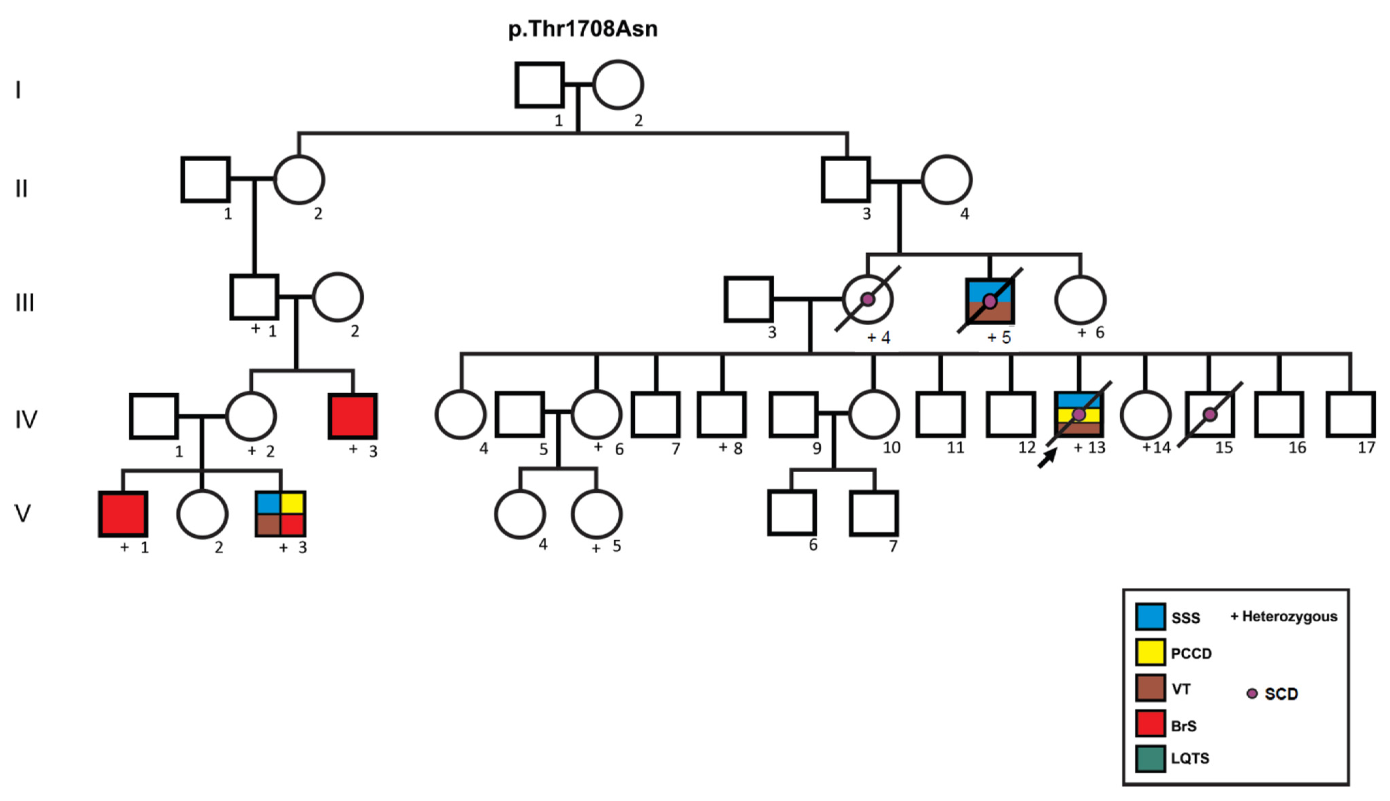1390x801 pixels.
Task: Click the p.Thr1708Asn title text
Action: (x=582, y=29)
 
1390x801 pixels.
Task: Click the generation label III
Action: (x=25, y=303)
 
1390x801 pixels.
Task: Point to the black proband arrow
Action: (x=1047, y=458)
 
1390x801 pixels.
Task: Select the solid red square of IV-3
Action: (x=353, y=416)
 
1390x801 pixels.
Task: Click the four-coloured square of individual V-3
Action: (x=281, y=514)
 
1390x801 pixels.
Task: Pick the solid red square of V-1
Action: (x=123, y=514)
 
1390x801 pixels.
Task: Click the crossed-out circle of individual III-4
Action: (x=868, y=299)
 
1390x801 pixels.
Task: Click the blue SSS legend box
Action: (x=1150, y=617)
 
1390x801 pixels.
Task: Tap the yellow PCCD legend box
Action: (x=1150, y=652)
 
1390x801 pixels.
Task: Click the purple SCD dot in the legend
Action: (x=1252, y=693)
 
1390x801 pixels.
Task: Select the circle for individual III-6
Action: (x=1080, y=299)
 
